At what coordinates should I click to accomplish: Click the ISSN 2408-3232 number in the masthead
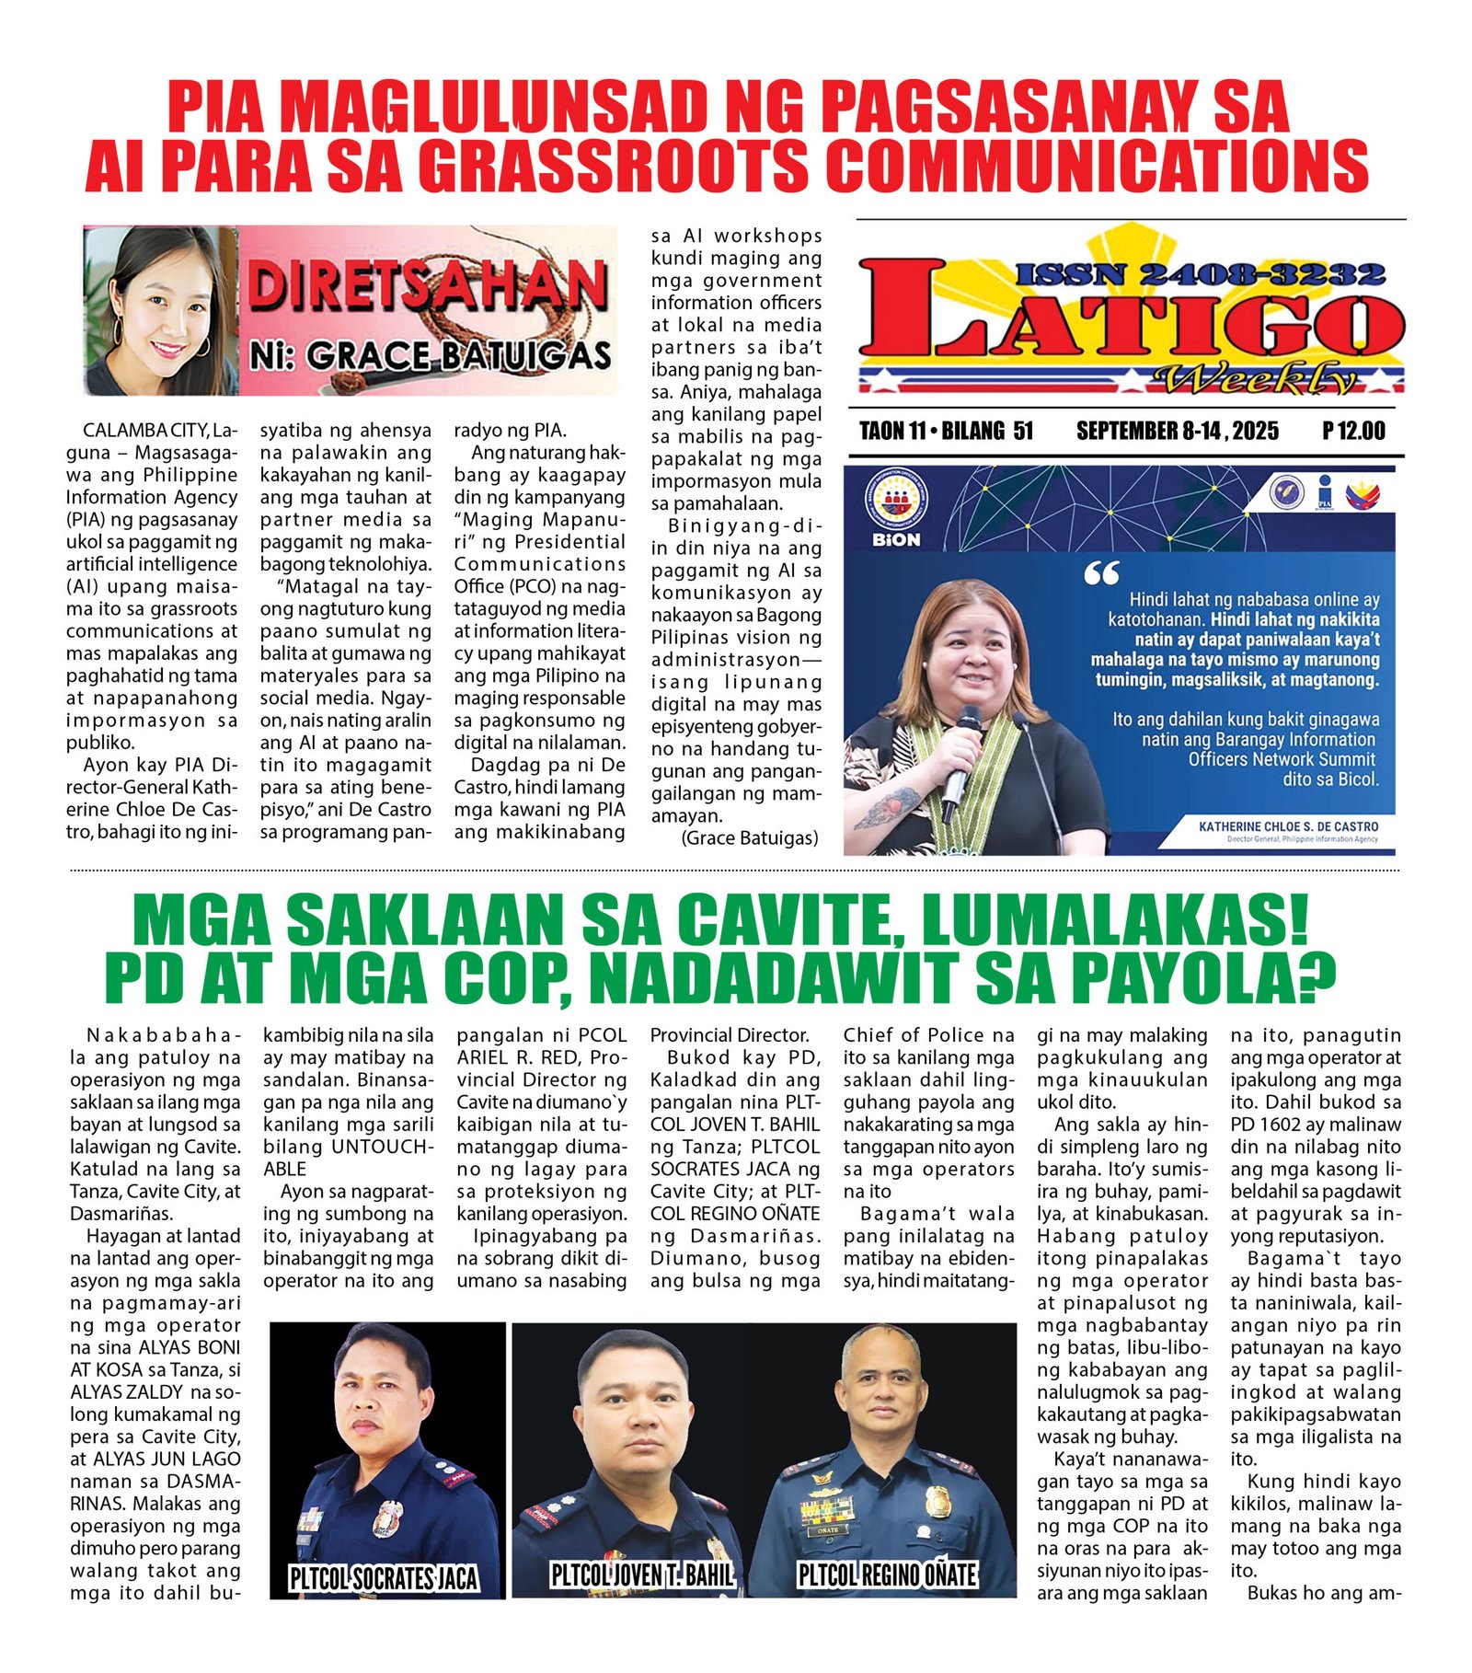[1201, 274]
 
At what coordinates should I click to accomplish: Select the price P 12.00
[1353, 431]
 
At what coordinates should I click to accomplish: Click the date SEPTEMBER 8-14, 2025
[1177, 431]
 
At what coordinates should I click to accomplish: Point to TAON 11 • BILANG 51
[946, 431]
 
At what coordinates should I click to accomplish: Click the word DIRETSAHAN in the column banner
[429, 285]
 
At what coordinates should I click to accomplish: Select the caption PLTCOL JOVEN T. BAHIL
[642, 1575]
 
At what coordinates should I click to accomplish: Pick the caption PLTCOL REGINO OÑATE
[886, 1575]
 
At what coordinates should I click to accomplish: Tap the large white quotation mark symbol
[1101, 574]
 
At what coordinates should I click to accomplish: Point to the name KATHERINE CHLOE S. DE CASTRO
[1288, 826]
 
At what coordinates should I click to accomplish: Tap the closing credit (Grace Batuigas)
[749, 837]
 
